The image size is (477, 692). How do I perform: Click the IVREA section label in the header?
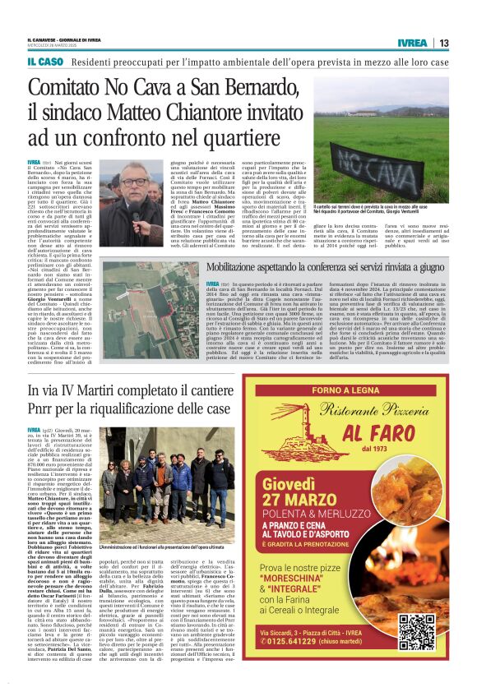(x=411, y=43)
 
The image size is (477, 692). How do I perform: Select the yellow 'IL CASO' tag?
(x=45, y=62)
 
